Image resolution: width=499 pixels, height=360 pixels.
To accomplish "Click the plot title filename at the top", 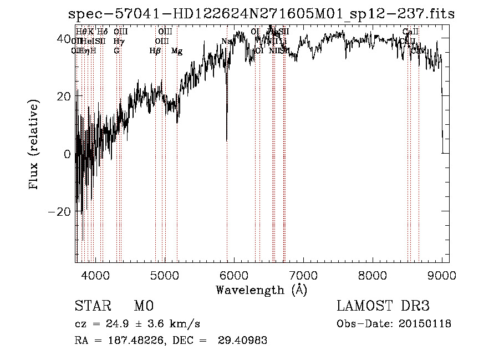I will [261, 14].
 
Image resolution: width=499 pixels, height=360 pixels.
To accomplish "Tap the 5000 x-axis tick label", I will [164, 275].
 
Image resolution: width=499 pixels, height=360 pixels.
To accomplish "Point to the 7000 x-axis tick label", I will [303, 275].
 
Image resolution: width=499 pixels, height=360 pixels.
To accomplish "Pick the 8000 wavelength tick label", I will [372, 275].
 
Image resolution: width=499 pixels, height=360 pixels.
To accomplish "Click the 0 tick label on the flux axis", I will [67, 154].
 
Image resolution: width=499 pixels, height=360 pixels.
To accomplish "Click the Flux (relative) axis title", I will [34, 145].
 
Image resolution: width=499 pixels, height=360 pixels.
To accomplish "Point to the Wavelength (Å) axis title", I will [261, 290].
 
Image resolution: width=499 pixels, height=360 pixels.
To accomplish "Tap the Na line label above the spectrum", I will [226, 41].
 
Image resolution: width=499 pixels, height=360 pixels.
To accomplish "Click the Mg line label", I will [177, 51].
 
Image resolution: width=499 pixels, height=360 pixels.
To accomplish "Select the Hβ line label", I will [155, 51].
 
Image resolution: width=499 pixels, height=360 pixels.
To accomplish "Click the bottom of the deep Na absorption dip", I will [226, 140].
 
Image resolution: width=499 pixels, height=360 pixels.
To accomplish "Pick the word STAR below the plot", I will [92, 306].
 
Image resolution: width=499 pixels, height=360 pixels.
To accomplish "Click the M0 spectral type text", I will [143, 306].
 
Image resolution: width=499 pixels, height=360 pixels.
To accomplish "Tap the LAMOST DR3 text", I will [383, 306].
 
